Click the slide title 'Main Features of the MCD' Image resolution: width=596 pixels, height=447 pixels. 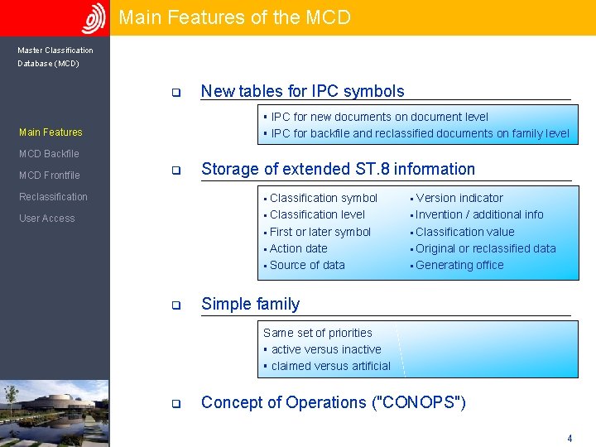click(234, 17)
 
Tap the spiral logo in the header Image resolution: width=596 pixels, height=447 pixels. click(94, 18)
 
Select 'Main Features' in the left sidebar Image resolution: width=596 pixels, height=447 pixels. click(50, 132)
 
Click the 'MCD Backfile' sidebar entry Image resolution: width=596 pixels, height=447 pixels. click(49, 154)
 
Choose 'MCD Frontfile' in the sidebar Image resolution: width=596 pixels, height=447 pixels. click(50, 175)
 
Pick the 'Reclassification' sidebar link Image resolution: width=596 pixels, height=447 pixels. click(53, 197)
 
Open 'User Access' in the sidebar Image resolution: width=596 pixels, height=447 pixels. click(46, 219)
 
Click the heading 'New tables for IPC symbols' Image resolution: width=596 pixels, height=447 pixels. click(303, 92)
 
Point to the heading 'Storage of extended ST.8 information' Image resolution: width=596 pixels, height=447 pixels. click(338, 170)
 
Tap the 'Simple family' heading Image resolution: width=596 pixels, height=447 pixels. click(250, 304)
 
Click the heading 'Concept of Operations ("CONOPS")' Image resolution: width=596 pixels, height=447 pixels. click(334, 403)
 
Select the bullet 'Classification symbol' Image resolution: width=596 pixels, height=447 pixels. click(323, 198)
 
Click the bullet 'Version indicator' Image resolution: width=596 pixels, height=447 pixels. click(459, 198)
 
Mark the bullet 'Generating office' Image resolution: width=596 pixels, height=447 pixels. click(459, 265)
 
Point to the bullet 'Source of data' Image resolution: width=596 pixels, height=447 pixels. click(307, 265)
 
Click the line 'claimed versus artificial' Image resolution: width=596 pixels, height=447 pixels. click(330, 366)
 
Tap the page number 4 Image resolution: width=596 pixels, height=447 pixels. click(569, 438)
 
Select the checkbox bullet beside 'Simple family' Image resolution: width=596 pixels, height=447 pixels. click(175, 305)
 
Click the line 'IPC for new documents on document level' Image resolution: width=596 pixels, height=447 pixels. click(379, 118)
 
